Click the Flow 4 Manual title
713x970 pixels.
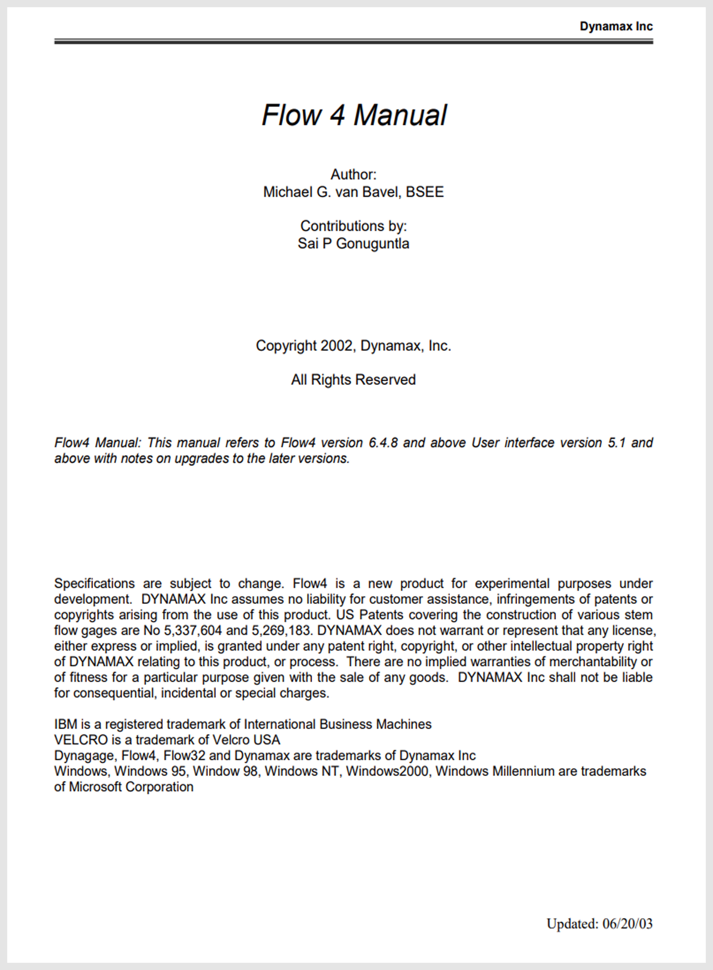coord(354,115)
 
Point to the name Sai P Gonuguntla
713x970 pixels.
coord(353,244)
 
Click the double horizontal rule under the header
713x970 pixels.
coord(353,41)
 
